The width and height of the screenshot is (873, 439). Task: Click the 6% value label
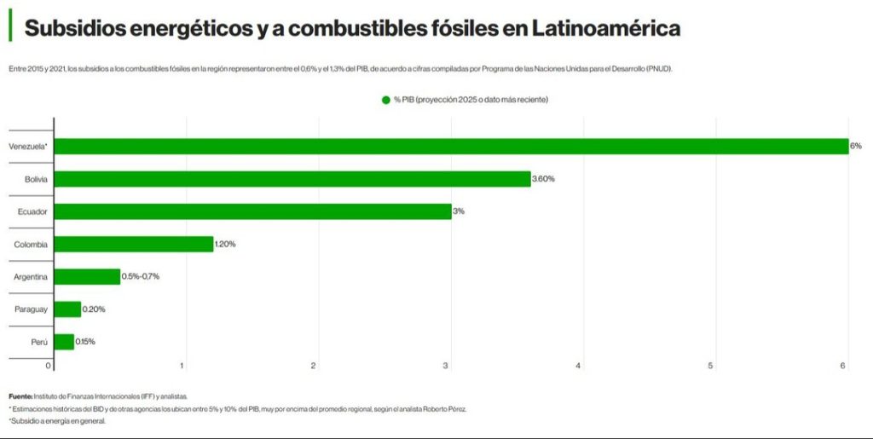point(855,146)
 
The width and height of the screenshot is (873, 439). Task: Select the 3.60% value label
point(543,179)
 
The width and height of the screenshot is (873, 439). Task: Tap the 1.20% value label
point(225,245)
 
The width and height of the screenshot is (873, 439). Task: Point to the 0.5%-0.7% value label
point(141,276)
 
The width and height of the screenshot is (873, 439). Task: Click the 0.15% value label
point(85,342)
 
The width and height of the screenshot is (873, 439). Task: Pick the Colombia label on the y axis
point(31,245)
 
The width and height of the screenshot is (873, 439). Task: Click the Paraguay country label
point(31,309)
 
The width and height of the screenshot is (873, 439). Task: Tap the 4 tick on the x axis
point(579,366)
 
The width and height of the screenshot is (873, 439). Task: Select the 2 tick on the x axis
point(314,366)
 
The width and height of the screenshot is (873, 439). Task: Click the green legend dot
point(385,100)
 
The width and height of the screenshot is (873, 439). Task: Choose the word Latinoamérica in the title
point(606,28)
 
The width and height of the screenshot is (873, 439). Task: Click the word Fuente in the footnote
point(20,396)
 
